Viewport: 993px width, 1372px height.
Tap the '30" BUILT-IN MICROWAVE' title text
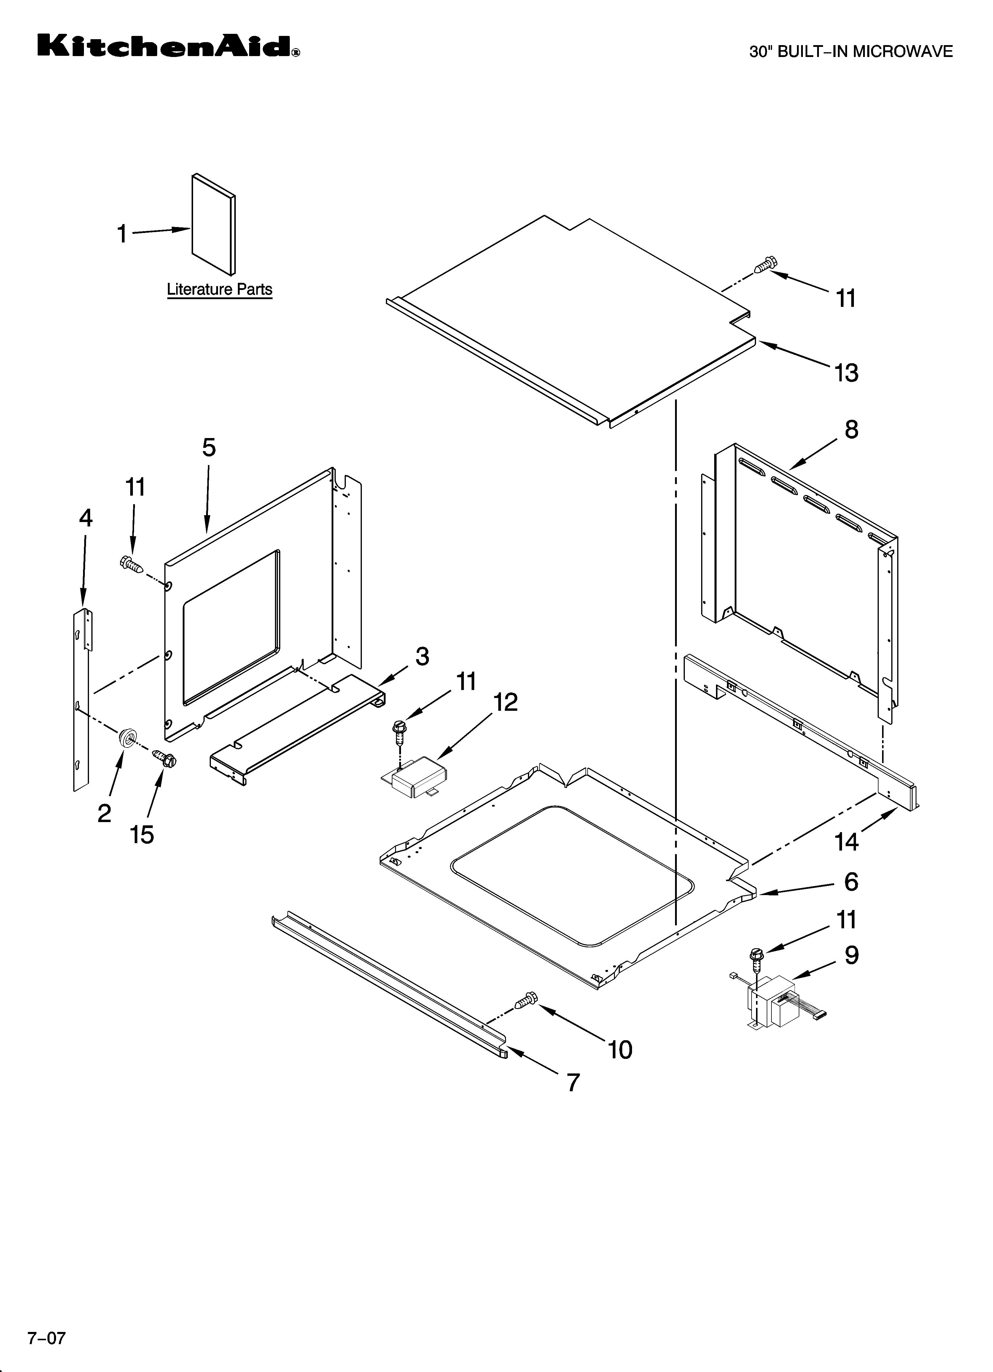(850, 52)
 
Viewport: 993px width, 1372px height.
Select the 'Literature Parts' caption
(219, 290)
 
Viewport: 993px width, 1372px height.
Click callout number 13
(846, 373)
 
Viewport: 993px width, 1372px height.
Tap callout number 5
(209, 448)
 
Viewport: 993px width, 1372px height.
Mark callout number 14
(846, 841)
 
